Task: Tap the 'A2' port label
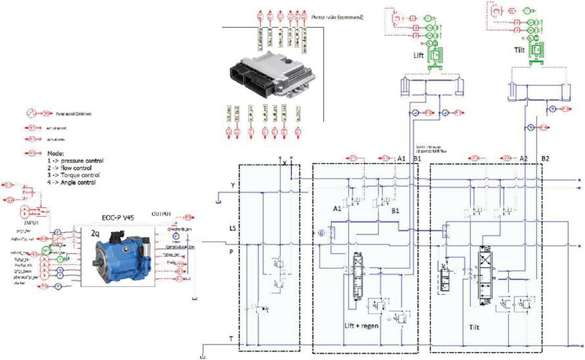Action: click(x=521, y=159)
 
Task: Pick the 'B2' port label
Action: click(x=546, y=159)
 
